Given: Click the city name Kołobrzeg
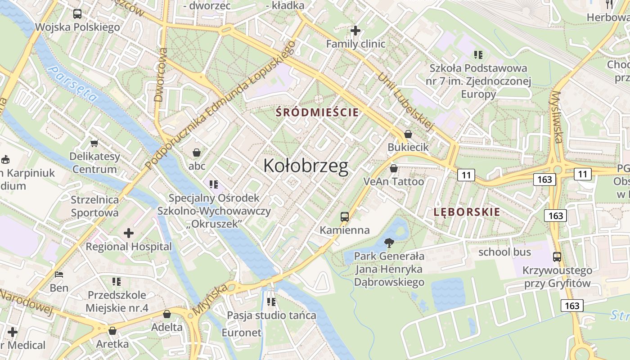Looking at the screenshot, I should tap(306, 166).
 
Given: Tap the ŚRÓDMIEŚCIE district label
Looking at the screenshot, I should tap(318, 112).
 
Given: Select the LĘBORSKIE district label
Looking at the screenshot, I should tap(467, 212).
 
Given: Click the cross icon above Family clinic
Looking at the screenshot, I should tap(355, 31).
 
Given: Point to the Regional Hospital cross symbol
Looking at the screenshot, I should tap(129, 233).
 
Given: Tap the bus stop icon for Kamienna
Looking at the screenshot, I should tap(345, 217).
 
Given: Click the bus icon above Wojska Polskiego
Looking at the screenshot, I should tap(77, 14).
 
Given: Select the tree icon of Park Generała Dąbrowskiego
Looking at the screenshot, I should tap(389, 243).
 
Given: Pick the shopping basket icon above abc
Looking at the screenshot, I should tap(197, 153).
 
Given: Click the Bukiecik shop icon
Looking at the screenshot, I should tap(408, 134).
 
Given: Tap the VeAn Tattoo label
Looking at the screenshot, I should tap(394, 181).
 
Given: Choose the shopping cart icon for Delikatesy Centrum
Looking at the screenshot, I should tap(94, 144).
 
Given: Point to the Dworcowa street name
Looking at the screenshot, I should tap(160, 75).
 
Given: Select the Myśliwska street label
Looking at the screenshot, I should tap(557, 117).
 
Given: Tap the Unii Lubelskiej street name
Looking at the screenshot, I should tap(405, 102).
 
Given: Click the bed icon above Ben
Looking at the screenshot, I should tap(59, 274).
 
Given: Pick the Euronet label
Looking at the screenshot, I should tap(242, 333).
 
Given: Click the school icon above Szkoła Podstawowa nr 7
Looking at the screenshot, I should tap(478, 55).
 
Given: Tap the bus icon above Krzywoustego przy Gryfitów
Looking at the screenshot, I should tap(557, 257).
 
